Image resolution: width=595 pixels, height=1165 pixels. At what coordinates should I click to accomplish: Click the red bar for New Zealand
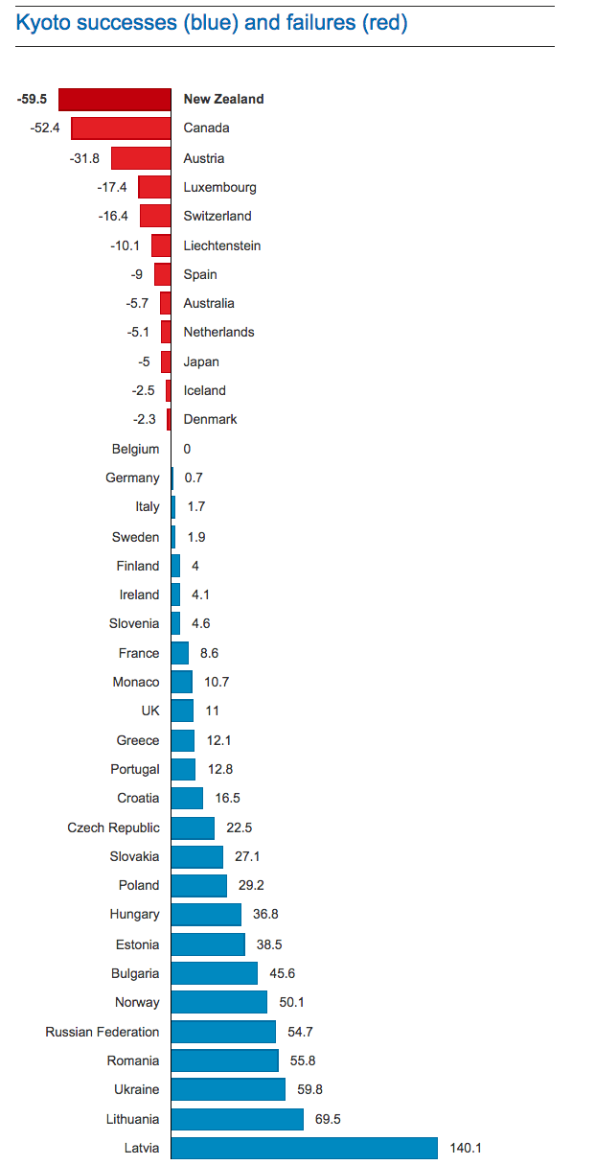(x=115, y=99)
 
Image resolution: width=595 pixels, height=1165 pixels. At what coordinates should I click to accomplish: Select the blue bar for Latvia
(x=304, y=1148)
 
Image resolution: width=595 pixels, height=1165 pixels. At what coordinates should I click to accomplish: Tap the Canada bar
(x=121, y=128)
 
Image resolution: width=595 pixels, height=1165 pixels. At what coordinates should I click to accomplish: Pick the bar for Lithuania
(x=237, y=1119)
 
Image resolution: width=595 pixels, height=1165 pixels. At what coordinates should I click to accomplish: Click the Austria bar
(x=141, y=158)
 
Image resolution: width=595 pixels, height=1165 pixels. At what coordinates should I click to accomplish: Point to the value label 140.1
(x=466, y=1148)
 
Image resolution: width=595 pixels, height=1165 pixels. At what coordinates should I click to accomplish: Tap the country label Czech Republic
(x=114, y=827)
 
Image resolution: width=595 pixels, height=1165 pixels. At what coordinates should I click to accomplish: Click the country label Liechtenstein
(x=222, y=245)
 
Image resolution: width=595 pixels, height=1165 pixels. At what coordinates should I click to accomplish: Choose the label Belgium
(x=135, y=449)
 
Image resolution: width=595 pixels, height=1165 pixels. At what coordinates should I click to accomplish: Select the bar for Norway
(x=218, y=1002)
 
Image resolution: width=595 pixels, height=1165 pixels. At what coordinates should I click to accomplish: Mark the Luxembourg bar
(x=154, y=187)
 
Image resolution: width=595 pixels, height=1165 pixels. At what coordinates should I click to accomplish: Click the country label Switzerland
(x=217, y=216)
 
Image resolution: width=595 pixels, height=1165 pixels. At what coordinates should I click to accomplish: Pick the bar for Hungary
(x=206, y=915)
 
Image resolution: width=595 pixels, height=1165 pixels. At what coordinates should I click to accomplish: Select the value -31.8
(x=84, y=158)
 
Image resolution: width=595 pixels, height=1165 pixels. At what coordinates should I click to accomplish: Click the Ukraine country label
(x=137, y=1089)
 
